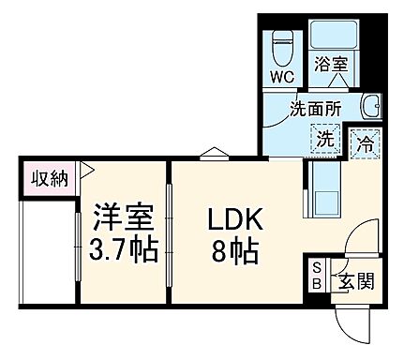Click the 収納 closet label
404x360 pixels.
pos(46,179)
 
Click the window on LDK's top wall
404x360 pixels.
pos(212,154)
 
